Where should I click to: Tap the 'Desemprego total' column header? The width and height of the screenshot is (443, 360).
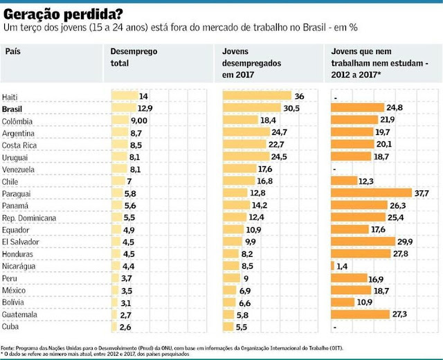pyautogui.click(x=134, y=57)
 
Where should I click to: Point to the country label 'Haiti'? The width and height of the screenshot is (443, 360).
pyautogui.click(x=11, y=97)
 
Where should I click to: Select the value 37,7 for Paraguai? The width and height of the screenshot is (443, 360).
pyautogui.click(x=421, y=193)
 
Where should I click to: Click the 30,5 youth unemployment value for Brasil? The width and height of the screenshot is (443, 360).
pyautogui.click(x=291, y=108)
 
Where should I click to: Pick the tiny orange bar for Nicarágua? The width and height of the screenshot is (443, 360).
pyautogui.click(x=334, y=265)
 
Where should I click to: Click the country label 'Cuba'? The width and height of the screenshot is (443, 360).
pyautogui.click(x=12, y=326)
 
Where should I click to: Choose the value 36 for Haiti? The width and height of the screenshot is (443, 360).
pyautogui.click(x=299, y=96)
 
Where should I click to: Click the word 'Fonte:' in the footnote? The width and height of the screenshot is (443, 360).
pyautogui.click(x=8, y=347)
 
